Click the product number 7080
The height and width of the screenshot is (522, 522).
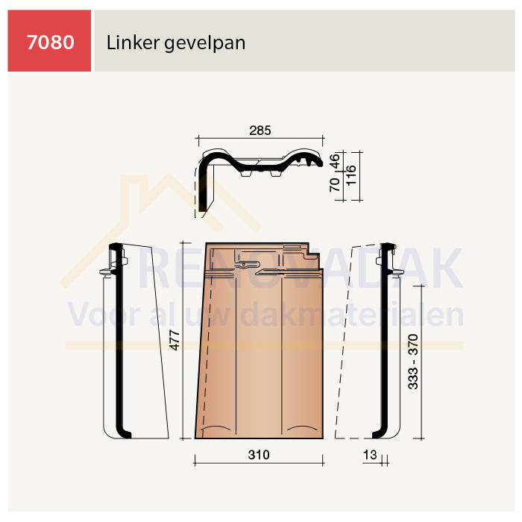pos(51,43)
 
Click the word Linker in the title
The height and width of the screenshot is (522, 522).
pos(133,43)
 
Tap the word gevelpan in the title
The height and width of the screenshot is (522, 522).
pos(205,44)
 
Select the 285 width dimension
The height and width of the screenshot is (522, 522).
pos(260,130)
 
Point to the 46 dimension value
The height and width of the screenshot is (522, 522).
pos(335,161)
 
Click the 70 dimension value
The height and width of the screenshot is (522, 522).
pos(335,185)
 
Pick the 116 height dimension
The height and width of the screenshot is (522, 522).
pos(351,175)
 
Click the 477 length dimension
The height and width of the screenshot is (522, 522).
pos(174,340)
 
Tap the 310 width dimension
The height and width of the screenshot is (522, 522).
pos(259,454)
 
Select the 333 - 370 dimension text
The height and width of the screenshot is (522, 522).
pos(413,362)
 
